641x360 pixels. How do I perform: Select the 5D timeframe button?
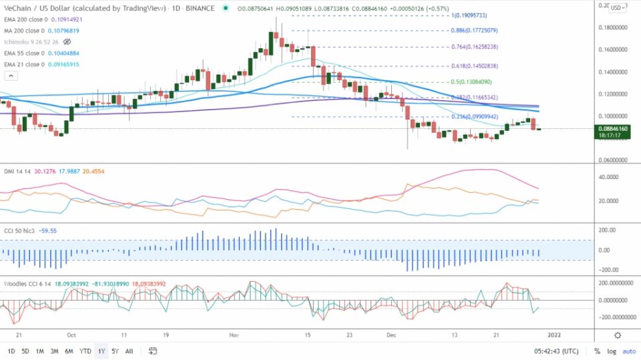25,351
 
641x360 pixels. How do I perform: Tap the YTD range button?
85,351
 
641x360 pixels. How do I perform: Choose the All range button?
129,351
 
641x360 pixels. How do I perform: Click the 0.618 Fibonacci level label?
474,66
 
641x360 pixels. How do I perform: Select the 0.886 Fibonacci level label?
474,31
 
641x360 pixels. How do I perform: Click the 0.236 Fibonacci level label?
474,117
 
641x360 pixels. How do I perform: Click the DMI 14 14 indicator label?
17,172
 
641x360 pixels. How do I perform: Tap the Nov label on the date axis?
233,335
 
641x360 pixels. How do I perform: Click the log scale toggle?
612,351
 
